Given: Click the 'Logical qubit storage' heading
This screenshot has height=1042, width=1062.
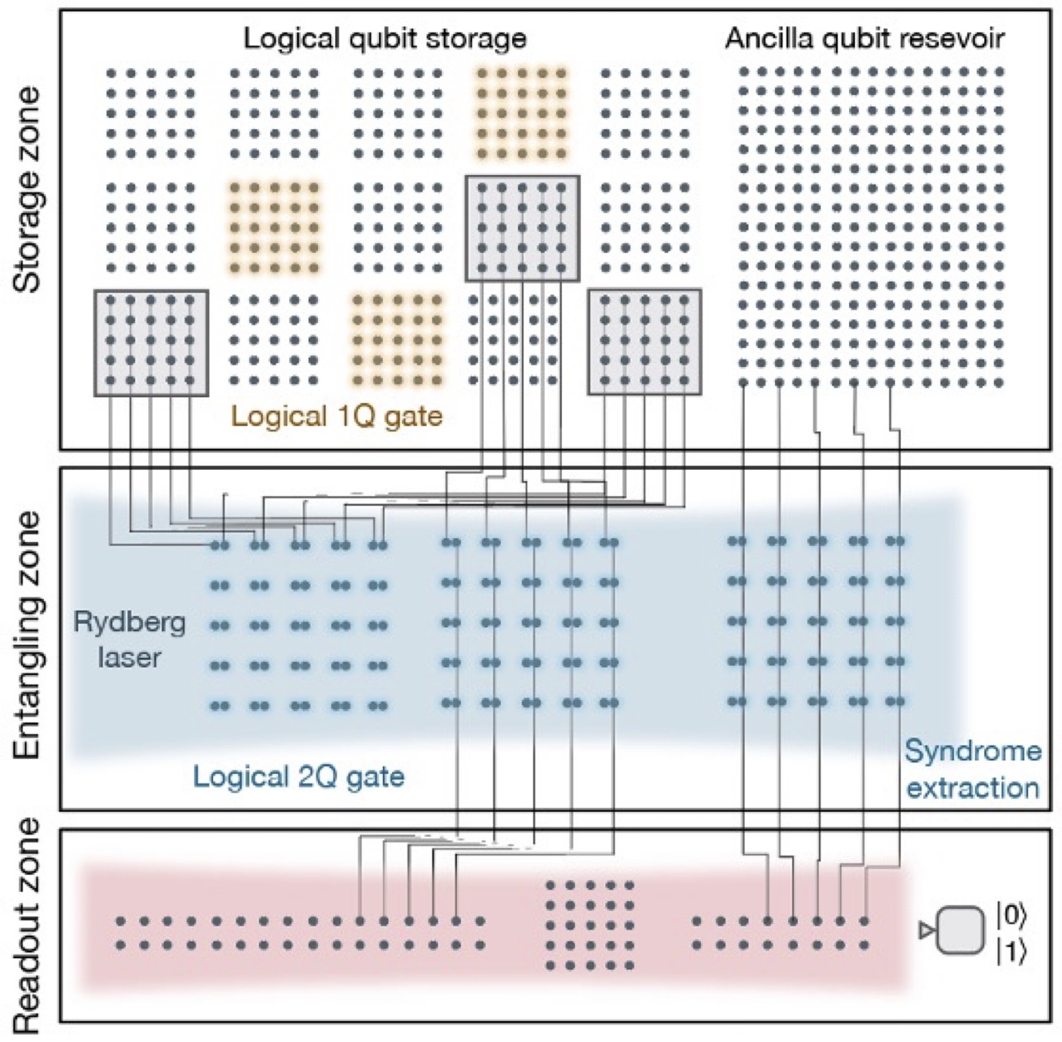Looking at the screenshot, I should pyautogui.click(x=384, y=38).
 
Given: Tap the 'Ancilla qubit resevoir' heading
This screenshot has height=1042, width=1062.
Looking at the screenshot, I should pyautogui.click(x=865, y=38).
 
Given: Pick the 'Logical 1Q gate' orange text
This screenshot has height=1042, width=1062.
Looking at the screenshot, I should pyautogui.click(x=336, y=416).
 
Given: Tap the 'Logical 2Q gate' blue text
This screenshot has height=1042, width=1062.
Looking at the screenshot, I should pyautogui.click(x=298, y=776).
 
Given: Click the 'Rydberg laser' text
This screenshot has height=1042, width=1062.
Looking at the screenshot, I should pyautogui.click(x=129, y=640).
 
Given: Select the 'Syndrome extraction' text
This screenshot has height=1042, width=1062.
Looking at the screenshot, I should pyautogui.click(x=973, y=769).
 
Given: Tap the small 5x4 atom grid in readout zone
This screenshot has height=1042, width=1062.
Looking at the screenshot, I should pyautogui.click(x=589, y=924).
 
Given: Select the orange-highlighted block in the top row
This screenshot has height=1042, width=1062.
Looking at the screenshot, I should pyautogui.click(x=521, y=113).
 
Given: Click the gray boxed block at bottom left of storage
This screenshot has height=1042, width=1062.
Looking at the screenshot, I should pyautogui.click(x=151, y=342).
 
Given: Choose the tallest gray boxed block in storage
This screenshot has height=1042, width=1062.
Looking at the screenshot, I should pyautogui.click(x=522, y=228).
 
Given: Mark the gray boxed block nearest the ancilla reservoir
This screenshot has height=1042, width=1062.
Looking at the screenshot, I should pyautogui.click(x=644, y=341).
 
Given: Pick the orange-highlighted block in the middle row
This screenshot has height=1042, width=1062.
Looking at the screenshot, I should pyautogui.click(x=274, y=227).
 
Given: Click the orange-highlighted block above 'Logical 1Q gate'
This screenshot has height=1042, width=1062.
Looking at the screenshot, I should pyautogui.click(x=397, y=341).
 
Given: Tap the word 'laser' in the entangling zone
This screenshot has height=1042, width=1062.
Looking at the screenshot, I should pyautogui.click(x=129, y=658).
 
